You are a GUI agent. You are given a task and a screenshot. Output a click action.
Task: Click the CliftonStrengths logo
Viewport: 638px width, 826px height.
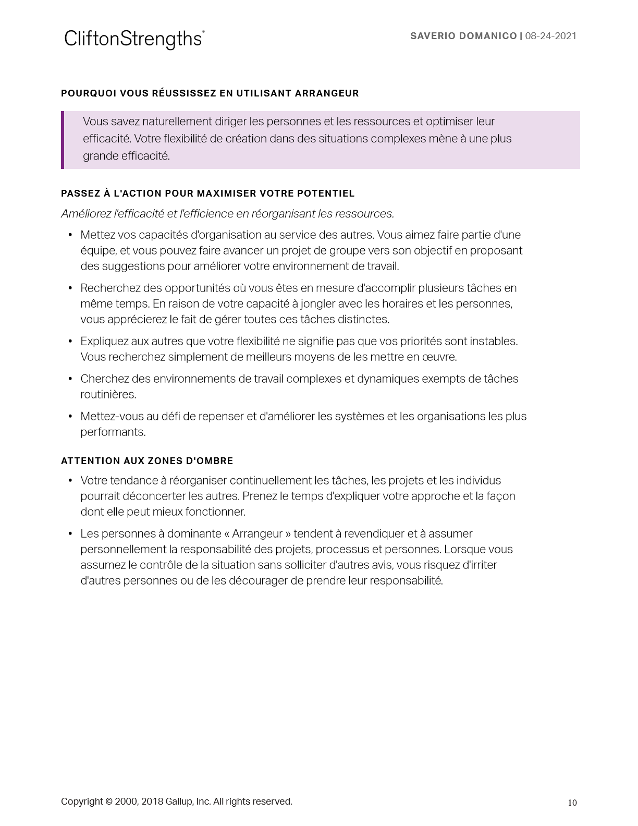coord(134,39)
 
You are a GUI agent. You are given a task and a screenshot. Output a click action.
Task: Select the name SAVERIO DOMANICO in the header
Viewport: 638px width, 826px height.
coord(463,36)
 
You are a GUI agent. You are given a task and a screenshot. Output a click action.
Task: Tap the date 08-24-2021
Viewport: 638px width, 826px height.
coord(550,36)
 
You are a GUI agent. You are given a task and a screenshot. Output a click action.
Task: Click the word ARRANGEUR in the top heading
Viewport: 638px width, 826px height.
coord(327,93)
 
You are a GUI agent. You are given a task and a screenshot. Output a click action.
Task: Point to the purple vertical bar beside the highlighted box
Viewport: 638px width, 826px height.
coord(63,140)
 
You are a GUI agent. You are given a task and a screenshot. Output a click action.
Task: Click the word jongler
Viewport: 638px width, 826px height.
coord(317,303)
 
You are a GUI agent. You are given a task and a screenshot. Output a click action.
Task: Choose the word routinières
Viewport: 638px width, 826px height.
coord(108,394)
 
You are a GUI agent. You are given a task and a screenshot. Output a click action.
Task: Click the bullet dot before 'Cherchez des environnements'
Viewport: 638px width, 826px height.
coord(70,379)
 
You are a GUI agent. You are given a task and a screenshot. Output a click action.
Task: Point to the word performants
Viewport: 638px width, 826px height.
coord(113,432)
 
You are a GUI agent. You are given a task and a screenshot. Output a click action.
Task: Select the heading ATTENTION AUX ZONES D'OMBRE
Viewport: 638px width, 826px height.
coord(147,461)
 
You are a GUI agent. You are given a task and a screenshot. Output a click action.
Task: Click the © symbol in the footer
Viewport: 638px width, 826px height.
coord(108,801)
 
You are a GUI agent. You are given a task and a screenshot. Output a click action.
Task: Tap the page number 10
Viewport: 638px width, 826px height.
coord(572,803)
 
